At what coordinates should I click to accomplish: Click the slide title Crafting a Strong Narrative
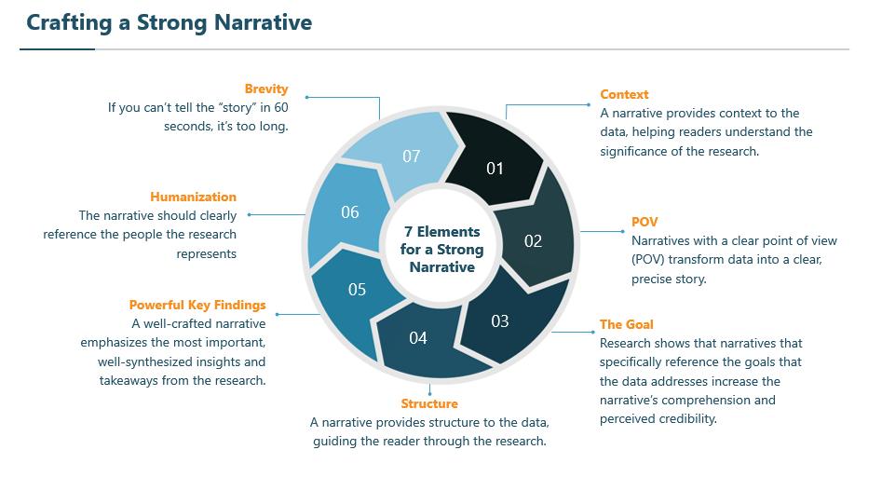click(169, 21)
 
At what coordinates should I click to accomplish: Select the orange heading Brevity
click(266, 89)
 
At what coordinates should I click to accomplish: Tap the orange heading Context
click(624, 94)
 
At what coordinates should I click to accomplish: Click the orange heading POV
click(645, 223)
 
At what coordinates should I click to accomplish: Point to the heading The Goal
click(626, 324)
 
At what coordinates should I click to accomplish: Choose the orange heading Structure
click(428, 403)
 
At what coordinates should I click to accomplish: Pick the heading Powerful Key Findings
click(197, 305)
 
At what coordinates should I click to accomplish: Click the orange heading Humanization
click(193, 197)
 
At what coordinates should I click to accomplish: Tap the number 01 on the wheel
click(495, 169)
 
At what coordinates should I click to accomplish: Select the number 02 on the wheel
click(533, 241)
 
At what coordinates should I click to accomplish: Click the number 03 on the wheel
click(500, 321)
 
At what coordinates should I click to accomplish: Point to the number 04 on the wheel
click(418, 338)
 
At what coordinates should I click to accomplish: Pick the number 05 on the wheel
click(357, 290)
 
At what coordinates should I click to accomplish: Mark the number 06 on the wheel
click(349, 212)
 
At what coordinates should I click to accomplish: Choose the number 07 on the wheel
click(412, 156)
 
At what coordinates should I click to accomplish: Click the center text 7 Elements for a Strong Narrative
click(441, 249)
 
